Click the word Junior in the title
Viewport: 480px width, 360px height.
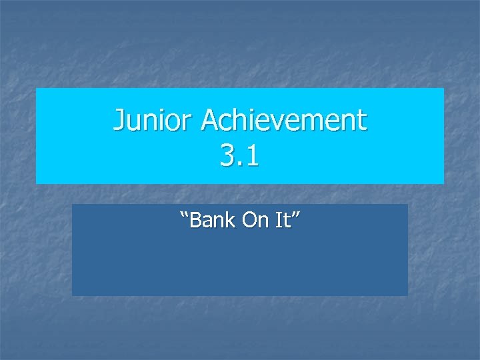154,121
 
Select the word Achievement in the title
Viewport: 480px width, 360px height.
285,121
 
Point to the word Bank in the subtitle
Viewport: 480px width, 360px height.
213,220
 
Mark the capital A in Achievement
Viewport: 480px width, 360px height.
211,121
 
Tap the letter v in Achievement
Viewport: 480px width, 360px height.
287,123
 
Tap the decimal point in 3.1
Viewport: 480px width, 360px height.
240,165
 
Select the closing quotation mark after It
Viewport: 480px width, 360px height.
295,214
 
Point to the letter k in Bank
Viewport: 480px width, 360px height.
231,220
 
